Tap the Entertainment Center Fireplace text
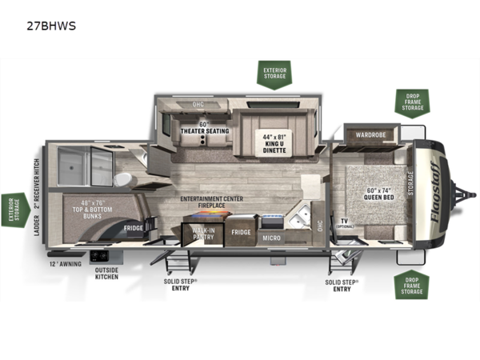(212, 202)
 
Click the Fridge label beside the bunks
(134, 228)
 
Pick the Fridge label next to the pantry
(241, 233)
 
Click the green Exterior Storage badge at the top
(277, 73)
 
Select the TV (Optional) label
(344, 223)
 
